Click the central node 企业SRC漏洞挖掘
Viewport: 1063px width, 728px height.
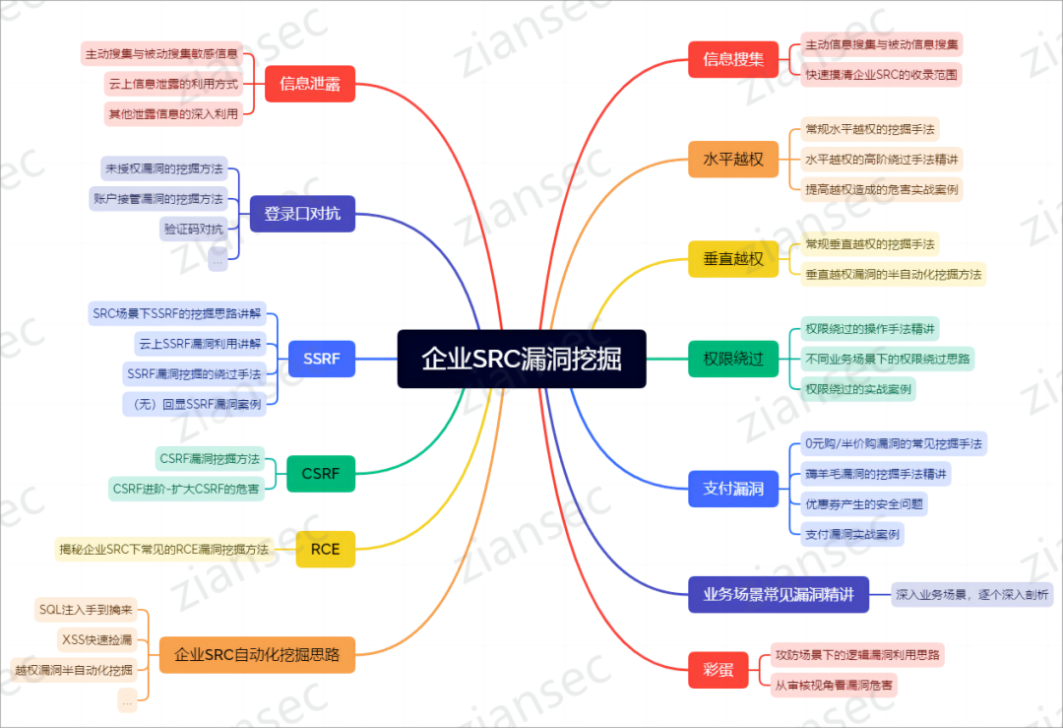point(522,359)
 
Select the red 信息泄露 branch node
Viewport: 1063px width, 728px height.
point(310,84)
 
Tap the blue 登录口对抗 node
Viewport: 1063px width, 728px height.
point(302,213)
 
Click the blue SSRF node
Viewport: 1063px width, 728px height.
point(322,359)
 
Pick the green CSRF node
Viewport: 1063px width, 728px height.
point(321,474)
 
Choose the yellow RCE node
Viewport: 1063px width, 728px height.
point(325,549)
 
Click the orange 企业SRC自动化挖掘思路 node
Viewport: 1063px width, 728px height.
point(256,653)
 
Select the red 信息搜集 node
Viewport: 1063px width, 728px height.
point(733,58)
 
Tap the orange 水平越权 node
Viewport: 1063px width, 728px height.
point(733,159)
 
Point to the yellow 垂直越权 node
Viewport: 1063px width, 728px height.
point(733,259)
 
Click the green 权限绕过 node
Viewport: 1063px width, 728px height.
point(733,359)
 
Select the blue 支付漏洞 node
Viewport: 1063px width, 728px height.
point(733,489)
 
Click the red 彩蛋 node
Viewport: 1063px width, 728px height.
point(719,669)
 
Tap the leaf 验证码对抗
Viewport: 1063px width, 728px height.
point(194,229)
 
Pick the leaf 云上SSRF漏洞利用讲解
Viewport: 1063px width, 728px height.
point(201,343)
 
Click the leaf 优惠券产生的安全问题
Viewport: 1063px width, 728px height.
point(864,503)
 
